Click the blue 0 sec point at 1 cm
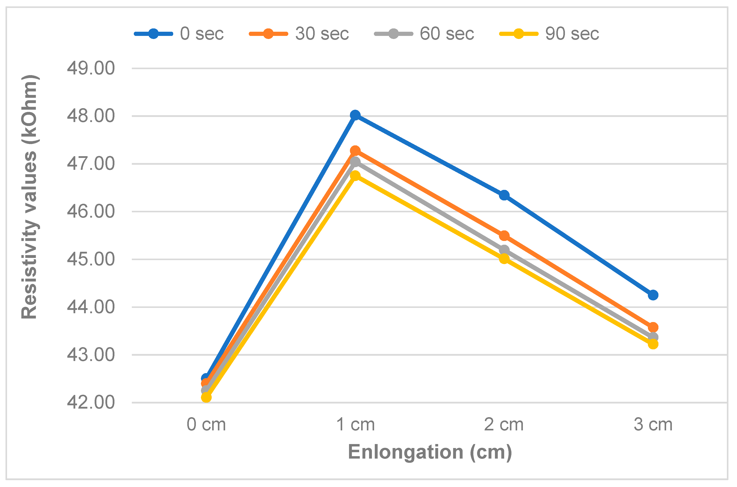[x=355, y=115]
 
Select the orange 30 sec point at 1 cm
[x=355, y=151]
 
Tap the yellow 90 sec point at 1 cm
[x=355, y=176]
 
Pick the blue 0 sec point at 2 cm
[x=504, y=195]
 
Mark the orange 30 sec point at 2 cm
[x=504, y=236]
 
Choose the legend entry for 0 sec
[x=179, y=33]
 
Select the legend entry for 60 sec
[x=424, y=33]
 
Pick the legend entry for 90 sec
[x=549, y=33]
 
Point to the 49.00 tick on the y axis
[x=91, y=68]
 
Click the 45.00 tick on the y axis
[x=91, y=259]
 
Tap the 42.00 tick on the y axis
[x=91, y=402]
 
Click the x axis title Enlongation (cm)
[x=430, y=452]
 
